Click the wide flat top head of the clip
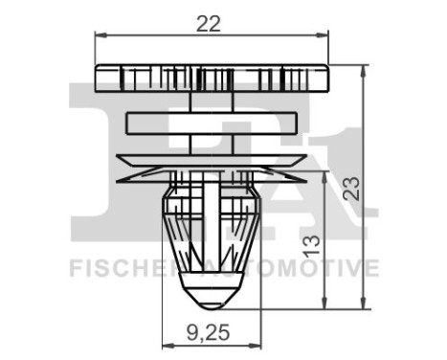(x=212, y=78)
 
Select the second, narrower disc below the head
(x=212, y=123)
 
